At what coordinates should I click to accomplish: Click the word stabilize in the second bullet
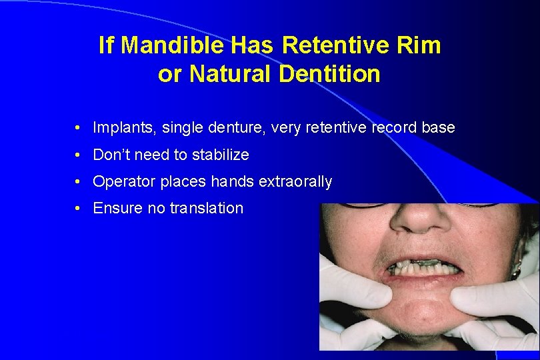pyautogui.click(x=220, y=155)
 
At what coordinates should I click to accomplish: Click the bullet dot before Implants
pyautogui.click(x=78, y=128)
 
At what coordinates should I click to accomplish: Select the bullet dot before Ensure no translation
pyautogui.click(x=78, y=209)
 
